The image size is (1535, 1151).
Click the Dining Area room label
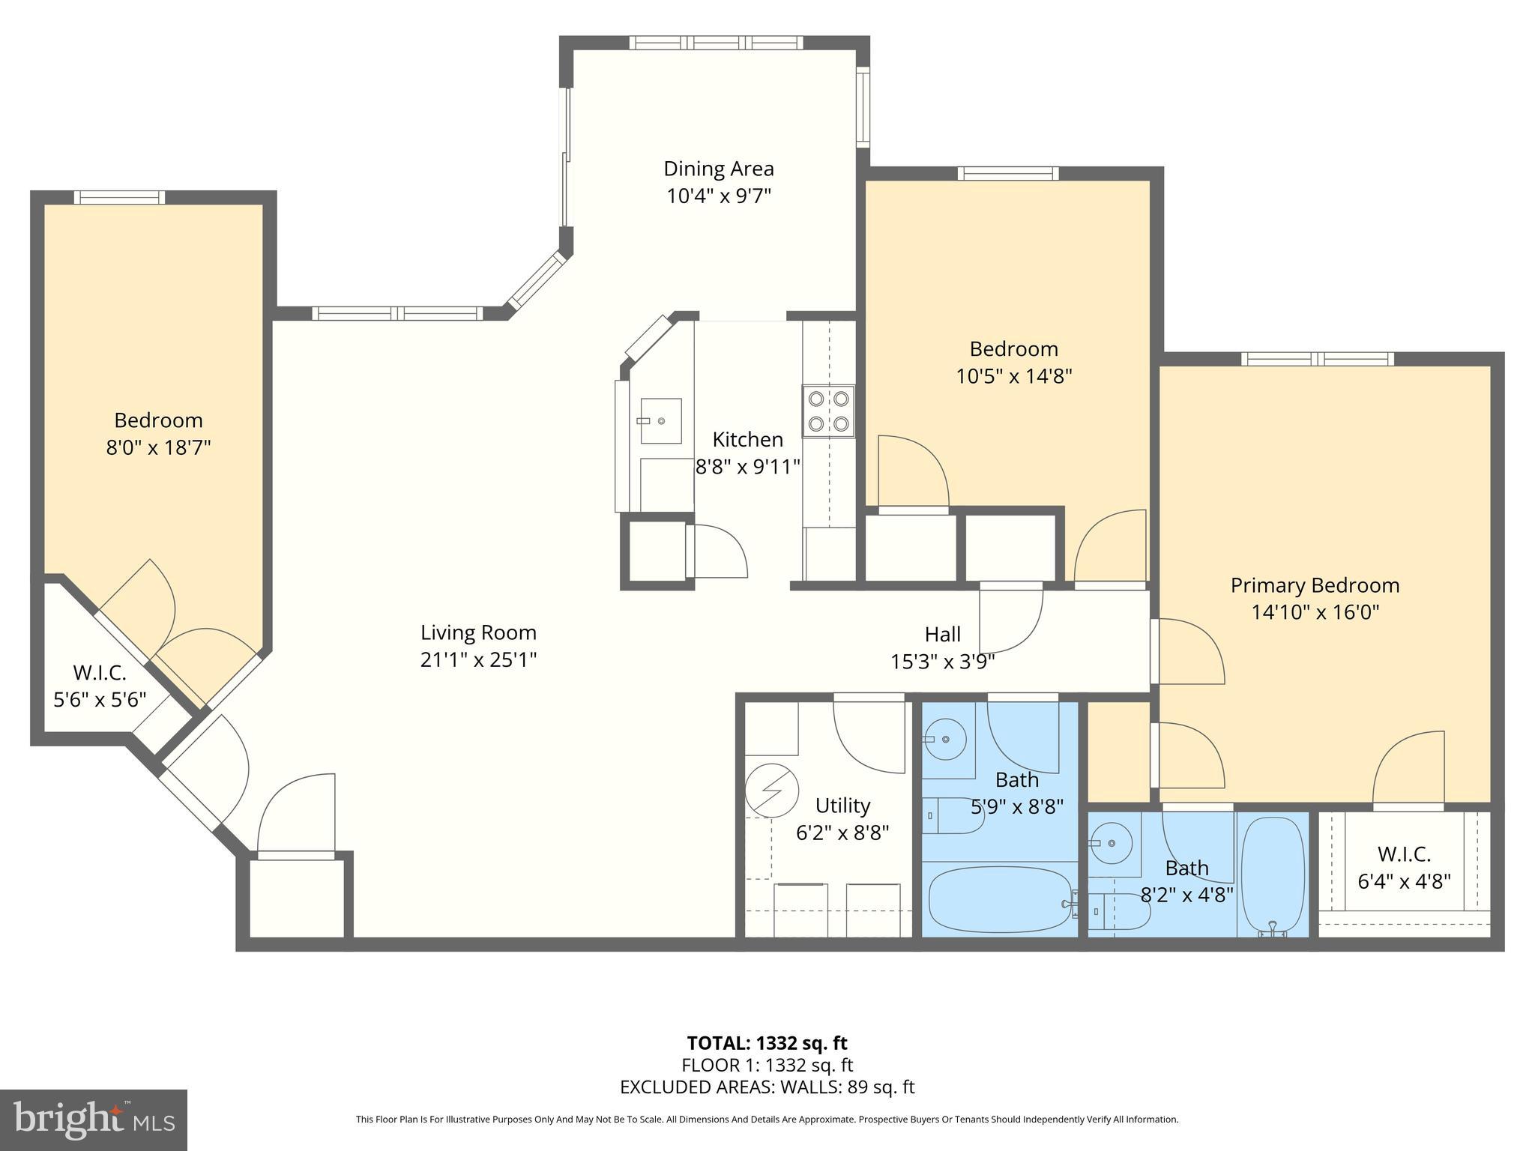[x=719, y=169]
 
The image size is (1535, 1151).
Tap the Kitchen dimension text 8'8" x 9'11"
[x=748, y=467]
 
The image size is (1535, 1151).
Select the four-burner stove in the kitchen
[x=828, y=411]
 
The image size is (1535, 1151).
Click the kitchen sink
[x=660, y=421]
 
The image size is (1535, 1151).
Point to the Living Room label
[x=478, y=632]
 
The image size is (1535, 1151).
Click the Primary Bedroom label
[x=1315, y=585]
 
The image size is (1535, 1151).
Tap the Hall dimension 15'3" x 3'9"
[x=942, y=662]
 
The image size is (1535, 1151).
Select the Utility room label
[x=842, y=806]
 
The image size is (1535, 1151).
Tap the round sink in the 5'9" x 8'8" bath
[x=946, y=740]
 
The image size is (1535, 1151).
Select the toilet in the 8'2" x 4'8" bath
[x=1119, y=911]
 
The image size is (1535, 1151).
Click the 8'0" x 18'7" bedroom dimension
[x=158, y=447]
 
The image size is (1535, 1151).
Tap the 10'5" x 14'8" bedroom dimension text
[x=1013, y=375]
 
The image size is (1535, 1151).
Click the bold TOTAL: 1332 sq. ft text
[x=767, y=1042]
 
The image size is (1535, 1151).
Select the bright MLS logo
[x=94, y=1120]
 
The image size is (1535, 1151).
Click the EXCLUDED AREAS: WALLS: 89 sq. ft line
[x=767, y=1087]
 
